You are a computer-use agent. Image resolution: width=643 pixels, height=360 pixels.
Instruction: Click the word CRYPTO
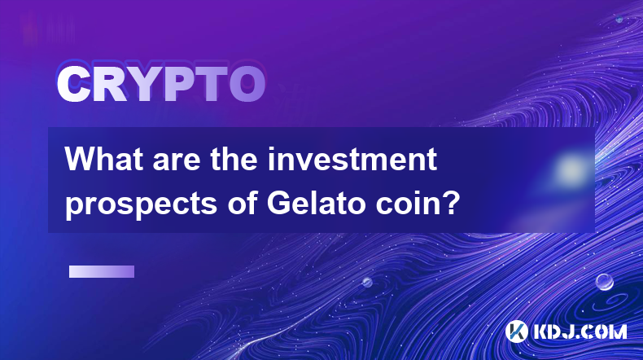(x=161, y=85)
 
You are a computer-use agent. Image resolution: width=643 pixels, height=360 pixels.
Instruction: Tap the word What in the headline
(x=105, y=160)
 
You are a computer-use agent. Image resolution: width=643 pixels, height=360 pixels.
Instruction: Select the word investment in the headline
(x=352, y=160)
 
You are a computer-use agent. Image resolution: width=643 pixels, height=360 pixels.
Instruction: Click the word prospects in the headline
(x=141, y=204)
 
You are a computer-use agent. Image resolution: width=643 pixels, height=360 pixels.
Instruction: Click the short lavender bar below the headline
(x=102, y=272)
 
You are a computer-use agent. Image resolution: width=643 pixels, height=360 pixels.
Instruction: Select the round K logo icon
(x=517, y=331)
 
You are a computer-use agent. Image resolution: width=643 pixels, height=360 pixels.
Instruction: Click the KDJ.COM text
(x=580, y=331)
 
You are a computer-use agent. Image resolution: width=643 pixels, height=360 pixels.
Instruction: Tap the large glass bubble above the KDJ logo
(x=605, y=282)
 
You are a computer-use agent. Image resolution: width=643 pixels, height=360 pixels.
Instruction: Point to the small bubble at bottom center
(x=367, y=282)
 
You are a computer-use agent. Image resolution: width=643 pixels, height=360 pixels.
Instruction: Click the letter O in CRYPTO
(x=247, y=85)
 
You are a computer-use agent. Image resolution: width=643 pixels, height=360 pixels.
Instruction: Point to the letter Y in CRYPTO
(x=142, y=85)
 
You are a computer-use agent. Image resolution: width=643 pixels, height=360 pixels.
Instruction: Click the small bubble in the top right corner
(x=619, y=20)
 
